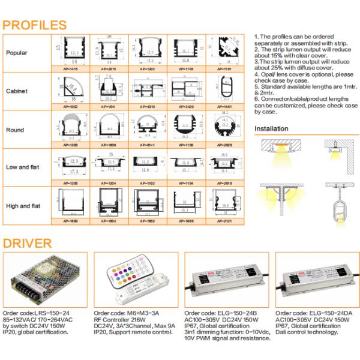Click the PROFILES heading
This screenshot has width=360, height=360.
pos(34,25)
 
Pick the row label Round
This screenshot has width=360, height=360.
pos(15,130)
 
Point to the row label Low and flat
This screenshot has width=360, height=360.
pos(22,167)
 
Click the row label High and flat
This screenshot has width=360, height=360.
pos(23,206)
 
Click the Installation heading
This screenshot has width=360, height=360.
pos(271,128)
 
